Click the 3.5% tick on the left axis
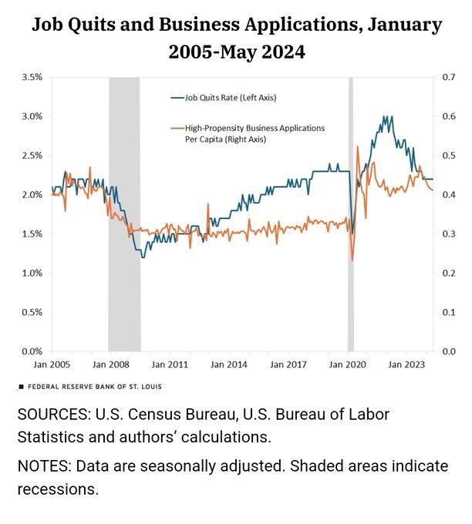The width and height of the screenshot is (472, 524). click(31, 77)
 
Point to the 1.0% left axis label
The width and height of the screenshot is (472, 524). click(31, 273)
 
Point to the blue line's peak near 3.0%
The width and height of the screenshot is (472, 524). click(384, 117)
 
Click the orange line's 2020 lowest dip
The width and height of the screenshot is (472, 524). click(352, 260)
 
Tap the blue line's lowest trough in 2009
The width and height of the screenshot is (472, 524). click(142, 257)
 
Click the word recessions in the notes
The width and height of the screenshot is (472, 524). click(58, 489)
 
